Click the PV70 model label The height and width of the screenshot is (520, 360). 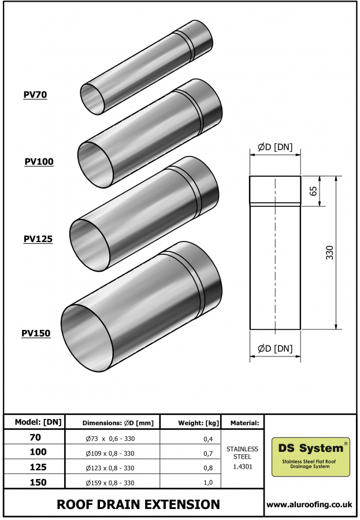point(35,95)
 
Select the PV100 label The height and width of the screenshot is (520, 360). point(39,162)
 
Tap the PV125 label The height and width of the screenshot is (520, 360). point(38,238)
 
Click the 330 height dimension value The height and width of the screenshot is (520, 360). point(330,252)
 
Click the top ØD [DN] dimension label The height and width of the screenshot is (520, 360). point(275,147)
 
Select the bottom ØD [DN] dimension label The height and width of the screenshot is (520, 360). point(275,348)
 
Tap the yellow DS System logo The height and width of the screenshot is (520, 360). point(311,456)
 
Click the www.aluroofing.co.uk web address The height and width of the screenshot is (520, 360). point(310,504)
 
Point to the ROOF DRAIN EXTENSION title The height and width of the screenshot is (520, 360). point(138,504)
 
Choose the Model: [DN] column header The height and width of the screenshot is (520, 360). point(35,422)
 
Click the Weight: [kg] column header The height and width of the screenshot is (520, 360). point(191,423)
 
